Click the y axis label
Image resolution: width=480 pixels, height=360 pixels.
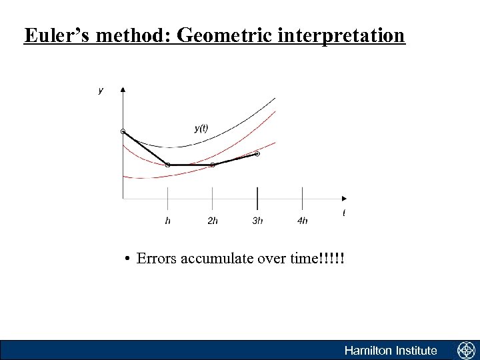[101, 90]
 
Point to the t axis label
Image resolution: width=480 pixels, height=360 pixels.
[344, 213]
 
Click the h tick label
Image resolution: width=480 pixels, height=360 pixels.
[167, 221]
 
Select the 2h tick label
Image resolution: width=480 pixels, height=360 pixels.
[213, 221]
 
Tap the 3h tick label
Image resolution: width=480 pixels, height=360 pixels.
[257, 221]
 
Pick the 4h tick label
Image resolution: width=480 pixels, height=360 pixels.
[303, 221]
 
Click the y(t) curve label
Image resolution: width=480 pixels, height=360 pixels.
[201, 128]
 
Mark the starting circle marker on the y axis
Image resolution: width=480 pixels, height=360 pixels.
[123, 131]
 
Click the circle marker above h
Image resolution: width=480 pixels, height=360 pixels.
[167, 165]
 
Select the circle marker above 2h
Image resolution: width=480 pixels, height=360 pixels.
[213, 165]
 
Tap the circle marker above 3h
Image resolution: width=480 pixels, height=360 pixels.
[257, 154]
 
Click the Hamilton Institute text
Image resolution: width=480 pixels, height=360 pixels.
[391, 351]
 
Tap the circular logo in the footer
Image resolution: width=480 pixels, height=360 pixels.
[465, 350]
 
